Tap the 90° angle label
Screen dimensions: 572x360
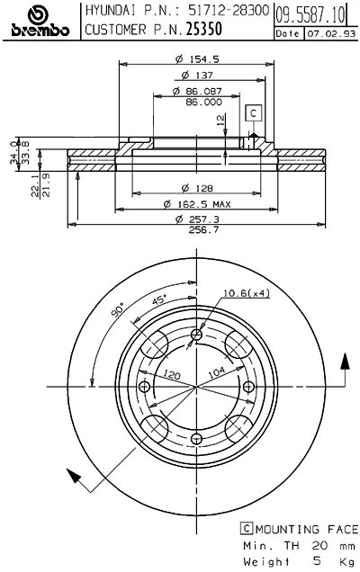[x=117, y=310]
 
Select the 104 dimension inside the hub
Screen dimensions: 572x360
[x=217, y=371]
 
